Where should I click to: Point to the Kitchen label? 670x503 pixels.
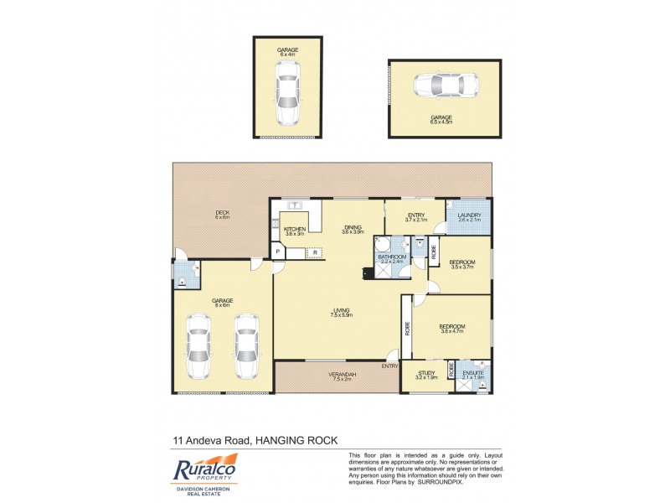(295, 229)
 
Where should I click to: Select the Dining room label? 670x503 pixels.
(352, 227)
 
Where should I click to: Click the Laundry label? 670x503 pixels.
(469, 215)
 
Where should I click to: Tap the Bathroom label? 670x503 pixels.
(391, 257)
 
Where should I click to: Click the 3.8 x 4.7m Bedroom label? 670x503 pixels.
(452, 326)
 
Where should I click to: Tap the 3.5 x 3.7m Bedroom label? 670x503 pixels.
(462, 262)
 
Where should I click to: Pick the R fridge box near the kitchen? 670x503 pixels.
(315, 251)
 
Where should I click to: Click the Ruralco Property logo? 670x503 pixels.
(206, 472)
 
